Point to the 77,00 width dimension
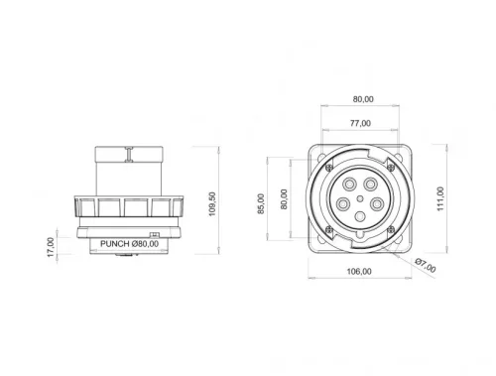[359, 123]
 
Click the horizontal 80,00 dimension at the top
[363, 99]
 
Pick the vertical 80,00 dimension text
[285, 198]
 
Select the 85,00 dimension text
[261, 202]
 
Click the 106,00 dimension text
[359, 271]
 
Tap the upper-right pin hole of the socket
[372, 184]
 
